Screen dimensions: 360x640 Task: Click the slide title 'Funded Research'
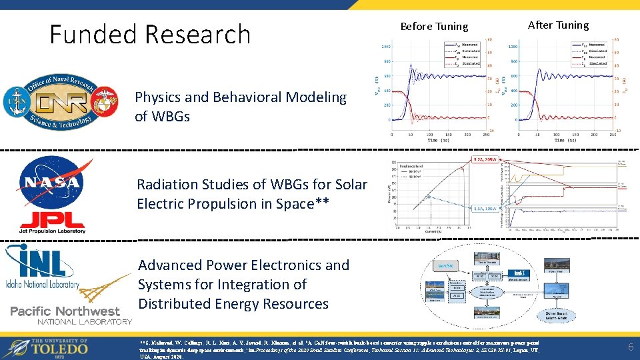pos(149,34)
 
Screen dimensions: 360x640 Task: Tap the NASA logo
pos(51,181)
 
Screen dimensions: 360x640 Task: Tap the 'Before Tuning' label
pos(425,27)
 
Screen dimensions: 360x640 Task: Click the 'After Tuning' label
pos(558,25)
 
